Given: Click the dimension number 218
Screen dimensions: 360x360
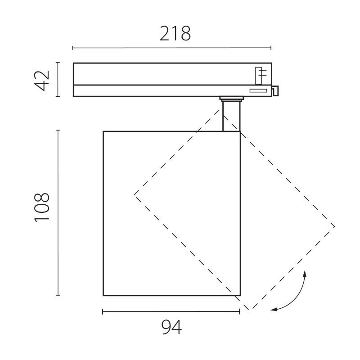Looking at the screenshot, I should tap(175, 34).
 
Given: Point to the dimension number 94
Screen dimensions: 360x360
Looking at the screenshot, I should tap(171, 328).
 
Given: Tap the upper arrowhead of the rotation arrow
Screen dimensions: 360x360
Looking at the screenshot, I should tap(306, 273).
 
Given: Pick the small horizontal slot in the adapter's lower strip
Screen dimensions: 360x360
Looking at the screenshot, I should tap(258, 91).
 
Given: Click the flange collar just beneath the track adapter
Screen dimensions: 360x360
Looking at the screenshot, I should tap(231, 99).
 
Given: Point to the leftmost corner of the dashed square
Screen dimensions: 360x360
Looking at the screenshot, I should tap(134, 194).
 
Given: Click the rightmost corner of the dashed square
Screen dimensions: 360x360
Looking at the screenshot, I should tap(334, 226).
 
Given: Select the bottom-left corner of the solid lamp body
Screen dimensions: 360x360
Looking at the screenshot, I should tap(103, 295).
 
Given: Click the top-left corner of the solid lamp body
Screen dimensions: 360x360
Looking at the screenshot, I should tap(103, 131).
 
